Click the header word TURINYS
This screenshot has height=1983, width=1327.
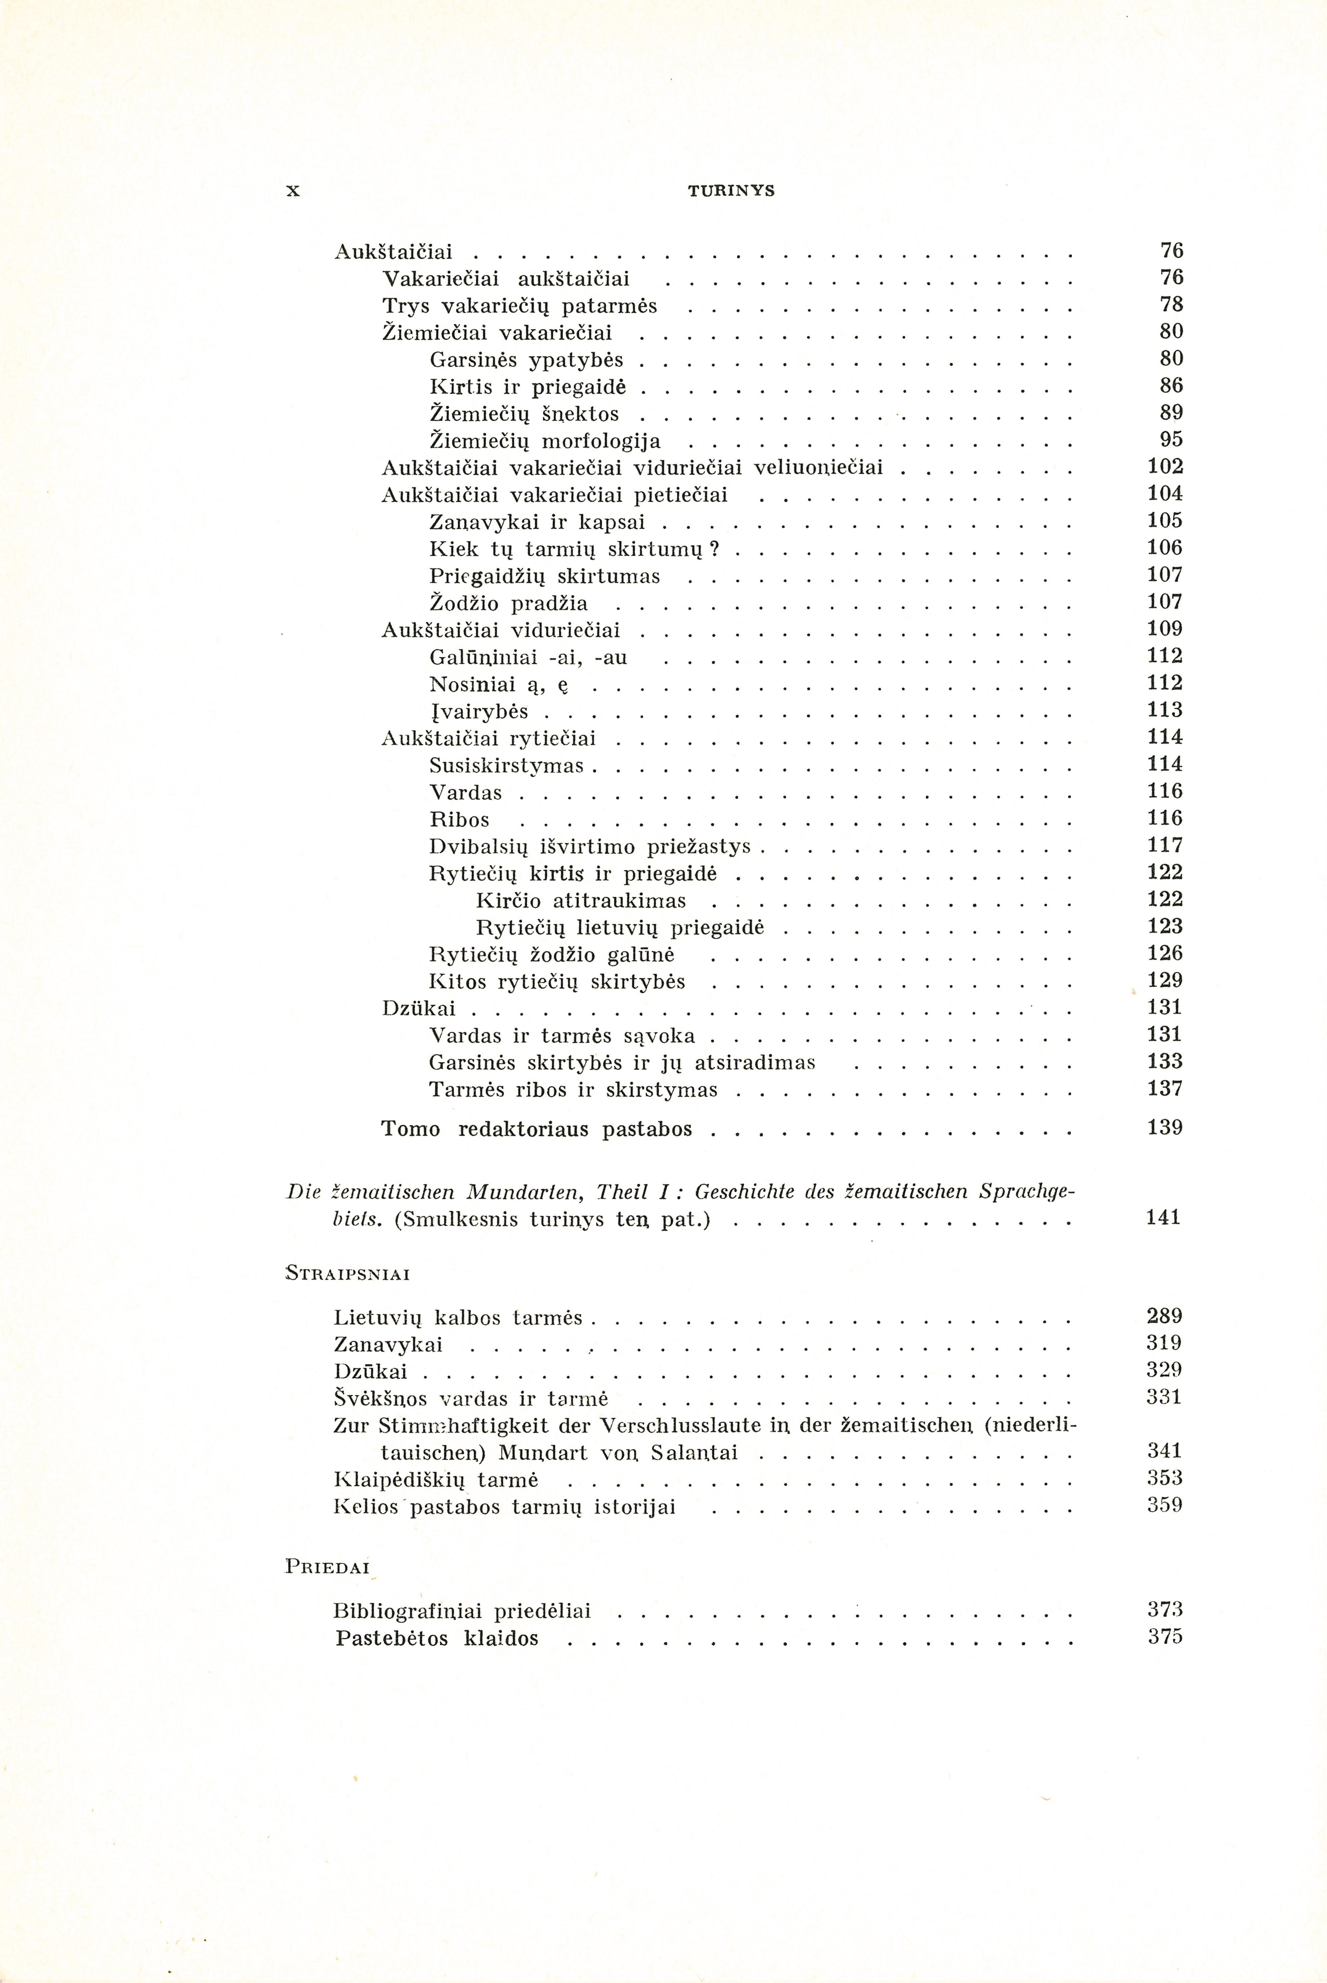[x=731, y=191]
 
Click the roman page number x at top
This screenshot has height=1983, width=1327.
[x=293, y=191]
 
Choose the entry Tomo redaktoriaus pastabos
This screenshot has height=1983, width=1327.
[x=537, y=1129]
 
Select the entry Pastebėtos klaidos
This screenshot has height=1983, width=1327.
[x=437, y=1638]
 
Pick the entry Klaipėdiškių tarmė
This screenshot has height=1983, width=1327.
[x=437, y=1480]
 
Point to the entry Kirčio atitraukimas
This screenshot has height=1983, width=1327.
[x=581, y=900]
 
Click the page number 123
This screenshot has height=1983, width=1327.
[x=1165, y=926]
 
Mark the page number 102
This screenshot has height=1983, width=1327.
[x=1165, y=466]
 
